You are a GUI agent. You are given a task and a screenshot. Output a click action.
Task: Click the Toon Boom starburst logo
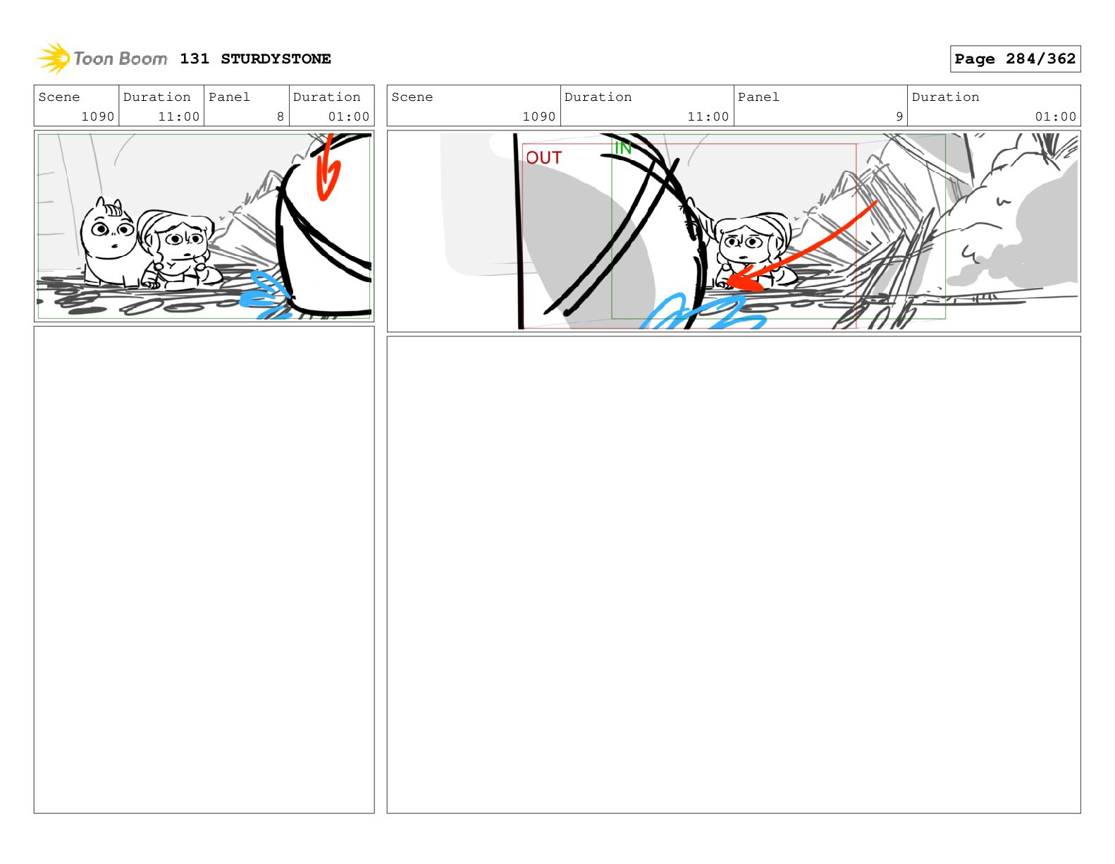click(54, 58)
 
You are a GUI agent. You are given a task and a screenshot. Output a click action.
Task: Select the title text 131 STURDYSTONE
click(255, 59)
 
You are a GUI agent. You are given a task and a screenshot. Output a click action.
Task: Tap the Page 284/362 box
click(1014, 59)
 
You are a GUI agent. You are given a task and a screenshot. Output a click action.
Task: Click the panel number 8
click(281, 116)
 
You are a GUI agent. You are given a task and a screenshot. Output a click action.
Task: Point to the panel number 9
click(899, 116)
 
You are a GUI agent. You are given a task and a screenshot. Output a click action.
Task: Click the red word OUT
click(544, 157)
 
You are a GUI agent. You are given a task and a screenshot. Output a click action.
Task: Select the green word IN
click(623, 148)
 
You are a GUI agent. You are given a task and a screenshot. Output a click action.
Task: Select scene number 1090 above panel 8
click(97, 116)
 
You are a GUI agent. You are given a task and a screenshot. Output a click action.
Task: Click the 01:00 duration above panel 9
click(1055, 116)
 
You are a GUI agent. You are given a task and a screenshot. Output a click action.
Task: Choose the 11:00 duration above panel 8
click(178, 116)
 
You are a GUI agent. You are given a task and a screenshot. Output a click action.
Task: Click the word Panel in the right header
click(758, 97)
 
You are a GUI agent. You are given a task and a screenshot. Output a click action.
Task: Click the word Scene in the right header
click(412, 97)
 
